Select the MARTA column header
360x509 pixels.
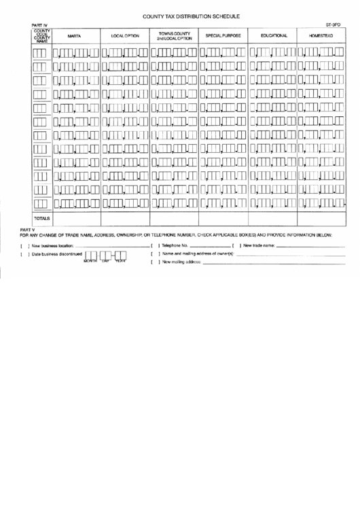click(x=75, y=36)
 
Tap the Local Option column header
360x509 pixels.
click(x=125, y=36)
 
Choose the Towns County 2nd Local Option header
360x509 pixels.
click(x=175, y=36)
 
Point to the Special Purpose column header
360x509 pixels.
click(x=223, y=36)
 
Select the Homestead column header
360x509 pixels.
click(x=321, y=36)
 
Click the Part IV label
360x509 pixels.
click(x=39, y=24)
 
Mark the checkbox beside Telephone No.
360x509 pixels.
click(x=154, y=245)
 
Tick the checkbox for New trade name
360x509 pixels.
click(x=236, y=245)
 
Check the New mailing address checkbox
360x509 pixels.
click(x=154, y=262)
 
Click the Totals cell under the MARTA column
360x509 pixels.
click(x=75, y=219)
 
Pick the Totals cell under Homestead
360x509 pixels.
click(x=321, y=219)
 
